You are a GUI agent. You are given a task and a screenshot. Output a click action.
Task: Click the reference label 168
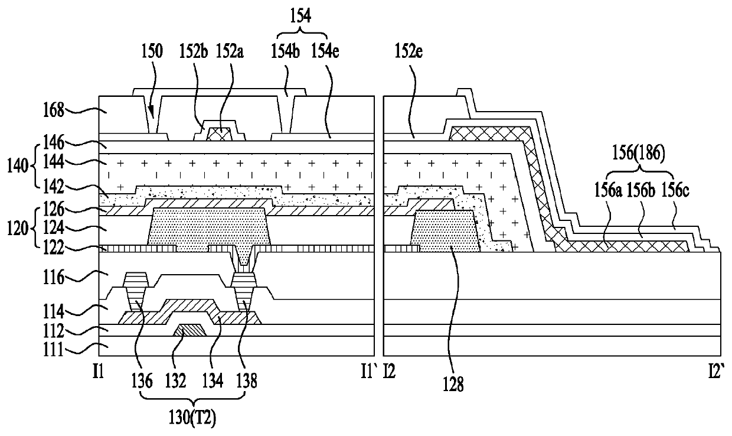tap(54, 110)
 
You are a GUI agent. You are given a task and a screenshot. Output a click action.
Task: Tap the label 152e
tap(409, 51)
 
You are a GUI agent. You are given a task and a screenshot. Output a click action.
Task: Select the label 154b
tap(285, 51)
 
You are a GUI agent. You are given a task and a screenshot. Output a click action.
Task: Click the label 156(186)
tap(639, 154)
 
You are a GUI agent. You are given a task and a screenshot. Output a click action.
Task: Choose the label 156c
tap(675, 190)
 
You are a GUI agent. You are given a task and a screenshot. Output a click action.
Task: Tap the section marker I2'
tap(717, 373)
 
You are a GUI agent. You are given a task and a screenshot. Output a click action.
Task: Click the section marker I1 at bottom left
tap(98, 373)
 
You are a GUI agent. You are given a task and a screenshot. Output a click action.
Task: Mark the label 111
tap(53, 350)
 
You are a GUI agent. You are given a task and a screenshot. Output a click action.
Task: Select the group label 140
tap(18, 166)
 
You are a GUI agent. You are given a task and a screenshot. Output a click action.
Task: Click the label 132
tap(175, 380)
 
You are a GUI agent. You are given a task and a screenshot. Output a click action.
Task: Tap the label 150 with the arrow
tap(152, 51)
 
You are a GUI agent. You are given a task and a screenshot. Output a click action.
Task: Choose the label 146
tap(54, 142)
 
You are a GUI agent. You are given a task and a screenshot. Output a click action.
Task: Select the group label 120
tap(18, 228)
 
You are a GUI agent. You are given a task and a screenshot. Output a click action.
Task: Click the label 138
tap(246, 380)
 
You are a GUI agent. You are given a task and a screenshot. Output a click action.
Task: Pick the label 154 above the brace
tap(300, 16)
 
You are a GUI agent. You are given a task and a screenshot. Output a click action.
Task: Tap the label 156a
tap(607, 190)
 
